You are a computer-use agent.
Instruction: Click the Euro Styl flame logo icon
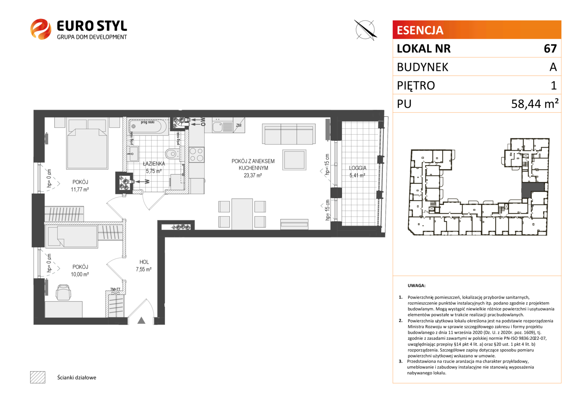tap(41, 29)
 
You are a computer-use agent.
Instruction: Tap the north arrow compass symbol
tap(365, 30)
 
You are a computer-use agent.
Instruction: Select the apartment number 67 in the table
tap(550, 49)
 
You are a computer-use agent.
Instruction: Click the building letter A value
tap(553, 67)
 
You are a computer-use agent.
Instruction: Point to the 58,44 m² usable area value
tap(535, 104)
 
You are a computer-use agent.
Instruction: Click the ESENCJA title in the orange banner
tap(420, 30)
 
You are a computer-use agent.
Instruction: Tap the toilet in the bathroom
tap(173, 153)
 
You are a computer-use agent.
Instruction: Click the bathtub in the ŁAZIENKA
tap(149, 126)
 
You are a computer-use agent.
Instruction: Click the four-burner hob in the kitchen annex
tap(197, 155)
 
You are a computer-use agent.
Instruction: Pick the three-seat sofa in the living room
tap(289, 134)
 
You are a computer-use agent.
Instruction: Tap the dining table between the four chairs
tap(242, 214)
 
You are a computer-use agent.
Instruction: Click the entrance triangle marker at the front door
tap(141, 320)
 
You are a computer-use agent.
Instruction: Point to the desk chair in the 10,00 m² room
tap(63, 292)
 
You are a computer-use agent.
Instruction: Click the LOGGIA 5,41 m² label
tap(358, 172)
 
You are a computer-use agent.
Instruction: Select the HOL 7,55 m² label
tap(144, 266)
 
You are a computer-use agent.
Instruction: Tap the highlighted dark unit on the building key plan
tap(532, 190)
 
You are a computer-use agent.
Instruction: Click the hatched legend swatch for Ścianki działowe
tap(38, 377)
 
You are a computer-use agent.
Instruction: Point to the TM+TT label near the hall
tap(115, 289)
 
